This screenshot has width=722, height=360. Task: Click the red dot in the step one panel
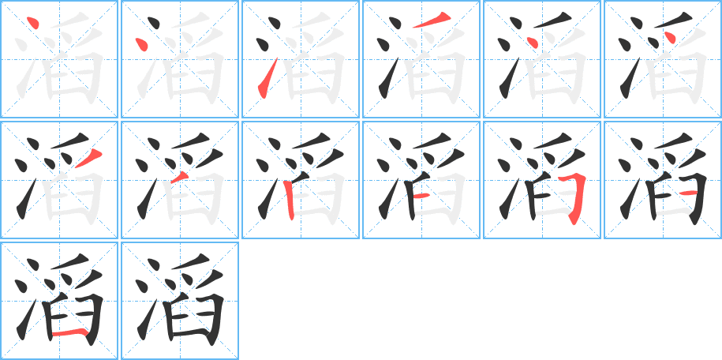click(x=32, y=21)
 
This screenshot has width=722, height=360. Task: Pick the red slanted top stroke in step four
click(x=432, y=20)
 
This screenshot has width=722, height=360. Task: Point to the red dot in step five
click(x=532, y=42)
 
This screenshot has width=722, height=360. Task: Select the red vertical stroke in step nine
click(x=289, y=201)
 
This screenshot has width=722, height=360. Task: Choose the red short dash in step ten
click(x=421, y=197)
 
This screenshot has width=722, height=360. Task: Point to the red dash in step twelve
click(x=688, y=192)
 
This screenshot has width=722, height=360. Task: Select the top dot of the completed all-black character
click(x=153, y=264)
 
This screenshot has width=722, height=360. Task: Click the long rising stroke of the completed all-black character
click(x=147, y=319)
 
